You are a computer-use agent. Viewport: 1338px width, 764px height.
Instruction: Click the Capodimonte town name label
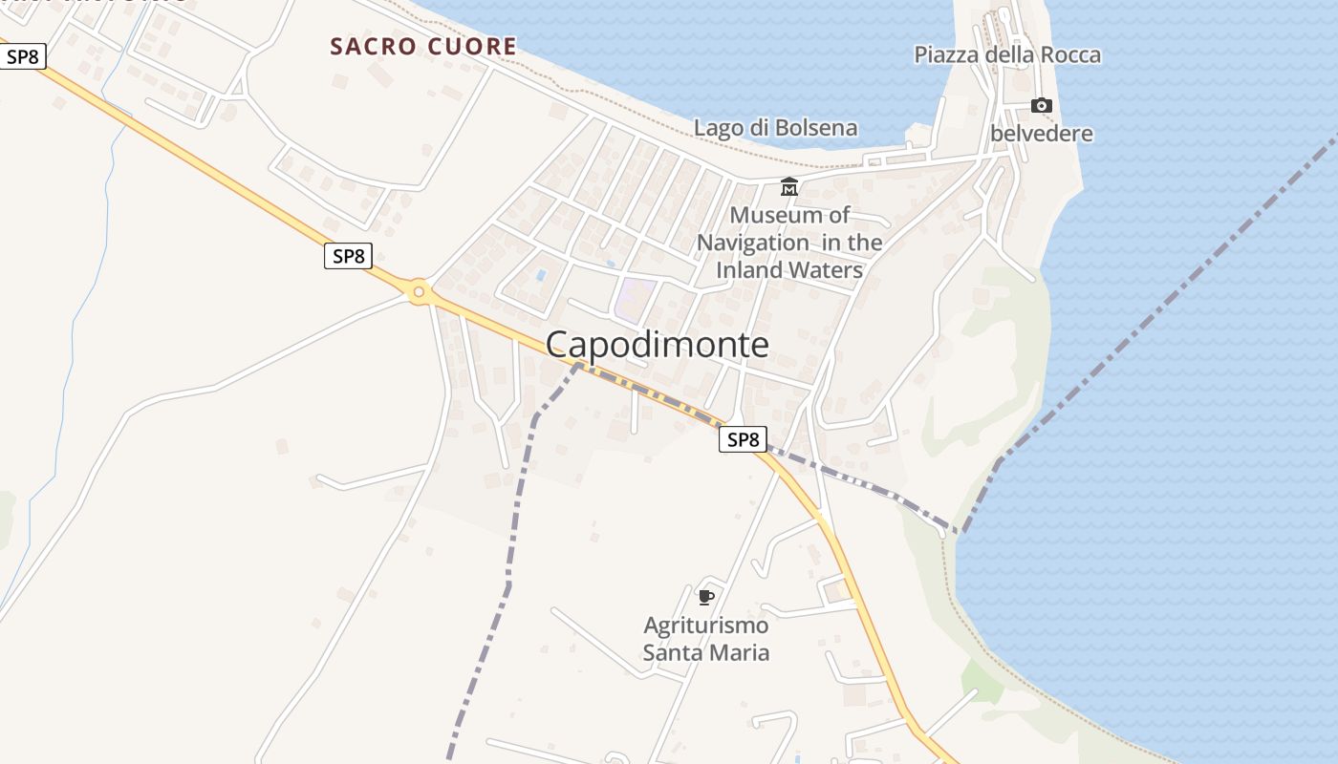click(x=658, y=345)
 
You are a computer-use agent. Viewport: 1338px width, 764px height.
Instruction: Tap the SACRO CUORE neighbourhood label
click(x=422, y=47)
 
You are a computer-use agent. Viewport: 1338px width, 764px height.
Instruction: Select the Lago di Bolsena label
click(x=775, y=128)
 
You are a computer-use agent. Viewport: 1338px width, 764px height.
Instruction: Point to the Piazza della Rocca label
click(x=1007, y=55)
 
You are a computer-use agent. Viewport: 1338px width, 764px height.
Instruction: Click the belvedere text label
click(x=1041, y=134)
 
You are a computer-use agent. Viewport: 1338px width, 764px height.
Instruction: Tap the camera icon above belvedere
click(x=1041, y=105)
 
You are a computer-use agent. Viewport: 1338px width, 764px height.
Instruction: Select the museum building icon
click(x=789, y=187)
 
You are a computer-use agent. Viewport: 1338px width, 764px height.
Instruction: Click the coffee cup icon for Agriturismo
click(x=705, y=598)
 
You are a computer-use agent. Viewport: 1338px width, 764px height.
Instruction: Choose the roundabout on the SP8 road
click(x=418, y=291)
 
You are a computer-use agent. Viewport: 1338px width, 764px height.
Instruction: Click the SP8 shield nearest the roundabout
click(x=348, y=256)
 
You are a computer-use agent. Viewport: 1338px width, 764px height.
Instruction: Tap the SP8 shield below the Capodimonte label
click(x=743, y=439)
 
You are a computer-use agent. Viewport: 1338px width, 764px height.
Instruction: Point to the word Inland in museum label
click(x=751, y=270)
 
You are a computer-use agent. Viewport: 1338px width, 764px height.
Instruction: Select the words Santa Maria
click(x=705, y=653)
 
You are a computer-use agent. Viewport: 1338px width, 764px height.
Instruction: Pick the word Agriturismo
click(x=705, y=626)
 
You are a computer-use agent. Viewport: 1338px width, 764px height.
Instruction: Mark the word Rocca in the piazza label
click(x=1069, y=55)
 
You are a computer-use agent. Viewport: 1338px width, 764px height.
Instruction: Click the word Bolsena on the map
click(x=814, y=128)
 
